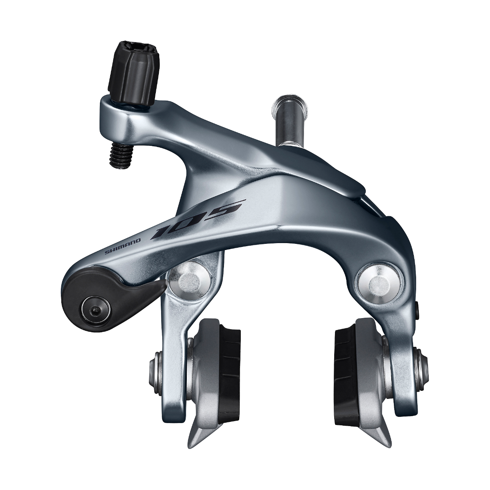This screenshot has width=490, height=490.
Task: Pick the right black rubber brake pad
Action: point(345,362)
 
